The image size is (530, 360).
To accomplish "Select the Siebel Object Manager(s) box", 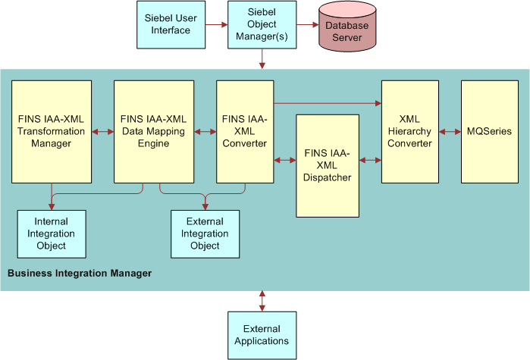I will (262, 25).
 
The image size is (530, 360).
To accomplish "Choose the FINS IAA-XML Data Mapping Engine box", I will (154, 131).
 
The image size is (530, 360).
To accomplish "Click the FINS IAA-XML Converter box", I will (244, 131).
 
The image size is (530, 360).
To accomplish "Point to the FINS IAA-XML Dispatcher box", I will (327, 165).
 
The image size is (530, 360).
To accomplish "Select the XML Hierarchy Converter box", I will (409, 131).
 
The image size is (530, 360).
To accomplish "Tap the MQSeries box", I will (490, 131).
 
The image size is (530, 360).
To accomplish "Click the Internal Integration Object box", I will (52, 234).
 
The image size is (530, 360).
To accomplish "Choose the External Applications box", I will (262, 334).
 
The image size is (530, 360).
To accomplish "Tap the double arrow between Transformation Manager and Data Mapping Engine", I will (102, 132).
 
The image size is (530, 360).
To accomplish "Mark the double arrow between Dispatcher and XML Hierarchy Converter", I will (370, 160).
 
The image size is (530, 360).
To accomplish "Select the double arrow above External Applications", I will (262, 300).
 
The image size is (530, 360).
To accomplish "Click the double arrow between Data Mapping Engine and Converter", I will (205, 132).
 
